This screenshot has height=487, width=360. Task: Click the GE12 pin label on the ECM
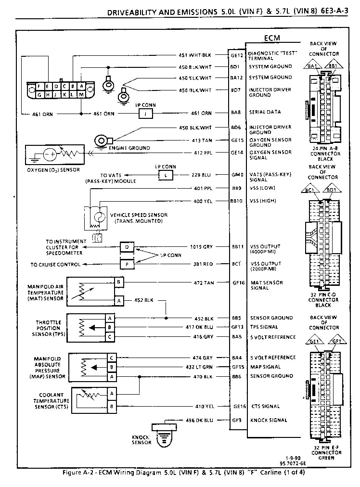(x=236, y=55)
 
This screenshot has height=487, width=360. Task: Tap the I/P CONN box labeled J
(x=146, y=114)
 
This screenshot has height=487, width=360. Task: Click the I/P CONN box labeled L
(x=165, y=175)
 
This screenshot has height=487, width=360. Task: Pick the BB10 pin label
(x=236, y=200)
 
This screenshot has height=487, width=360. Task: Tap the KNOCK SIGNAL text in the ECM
(x=269, y=420)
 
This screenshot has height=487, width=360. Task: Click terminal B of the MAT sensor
(x=118, y=282)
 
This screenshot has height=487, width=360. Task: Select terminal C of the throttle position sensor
(x=110, y=337)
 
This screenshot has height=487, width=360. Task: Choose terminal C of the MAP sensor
(x=111, y=358)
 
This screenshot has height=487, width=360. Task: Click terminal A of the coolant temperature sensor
(x=112, y=393)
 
